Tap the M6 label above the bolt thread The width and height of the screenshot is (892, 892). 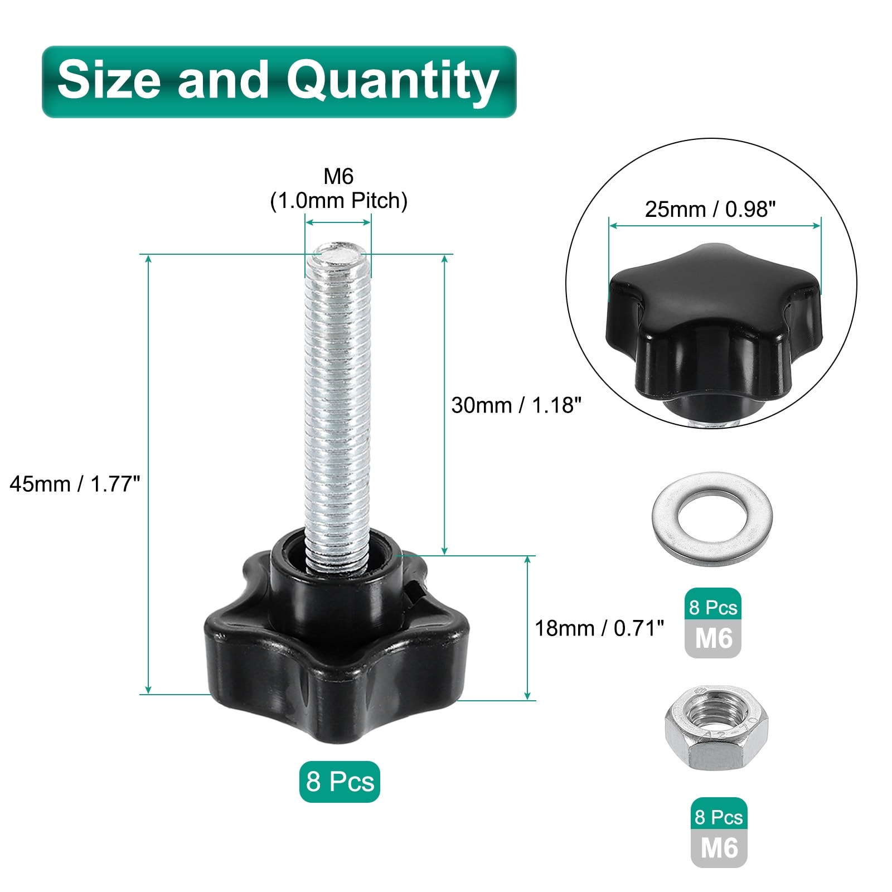tap(338, 176)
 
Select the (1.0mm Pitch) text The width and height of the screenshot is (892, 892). tap(338, 201)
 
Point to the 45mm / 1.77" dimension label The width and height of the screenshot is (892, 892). tap(75, 484)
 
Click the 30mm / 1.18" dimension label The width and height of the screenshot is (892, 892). tap(516, 405)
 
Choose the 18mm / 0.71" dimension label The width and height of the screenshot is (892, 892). tap(599, 628)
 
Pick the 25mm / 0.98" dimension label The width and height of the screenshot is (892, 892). tap(710, 209)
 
